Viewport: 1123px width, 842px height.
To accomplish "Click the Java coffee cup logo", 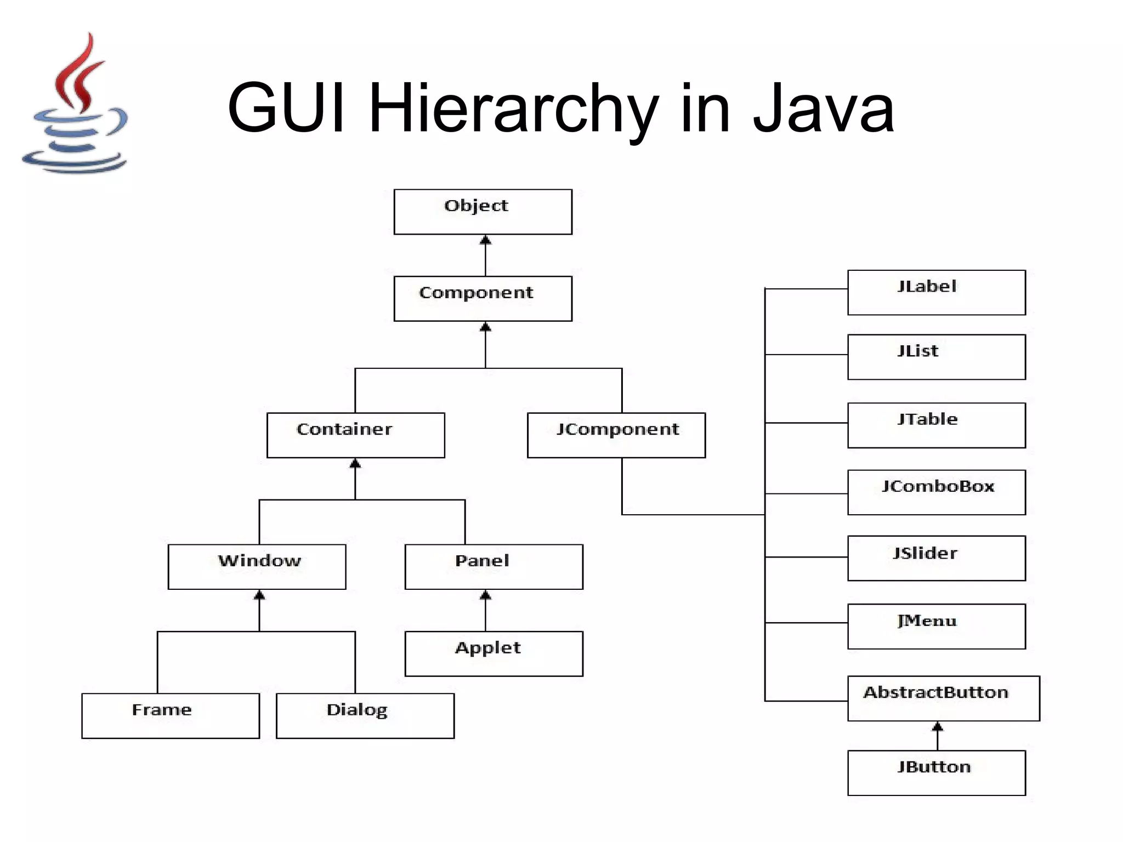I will pos(76,104).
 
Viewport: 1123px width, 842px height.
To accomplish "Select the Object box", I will pos(483,212).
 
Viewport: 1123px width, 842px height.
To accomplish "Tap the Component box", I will pos(483,299).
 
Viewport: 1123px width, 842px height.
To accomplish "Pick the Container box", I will pos(355,435).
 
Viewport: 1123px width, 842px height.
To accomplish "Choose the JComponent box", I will pos(616,435).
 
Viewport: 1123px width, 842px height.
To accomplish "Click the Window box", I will pos(257,567).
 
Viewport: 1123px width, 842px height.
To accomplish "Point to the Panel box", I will pos(494,567).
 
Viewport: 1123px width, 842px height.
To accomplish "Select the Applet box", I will pos(494,654).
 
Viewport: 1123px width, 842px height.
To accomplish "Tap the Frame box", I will pos(171,716).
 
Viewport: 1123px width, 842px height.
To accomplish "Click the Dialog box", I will pos(365,716).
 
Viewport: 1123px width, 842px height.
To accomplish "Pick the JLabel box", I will pos(937,293).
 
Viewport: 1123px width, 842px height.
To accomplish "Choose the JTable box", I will pos(937,425).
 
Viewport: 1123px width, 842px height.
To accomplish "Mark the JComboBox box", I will pos(937,492).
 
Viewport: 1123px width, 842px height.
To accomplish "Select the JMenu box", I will pos(937,627).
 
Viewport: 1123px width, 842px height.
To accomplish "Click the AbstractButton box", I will pos(943,698).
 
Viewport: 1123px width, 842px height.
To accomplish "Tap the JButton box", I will pos(937,773).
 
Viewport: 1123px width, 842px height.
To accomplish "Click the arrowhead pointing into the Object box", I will pos(485,240).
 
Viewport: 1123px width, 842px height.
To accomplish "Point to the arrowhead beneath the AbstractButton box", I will pos(938,727).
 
